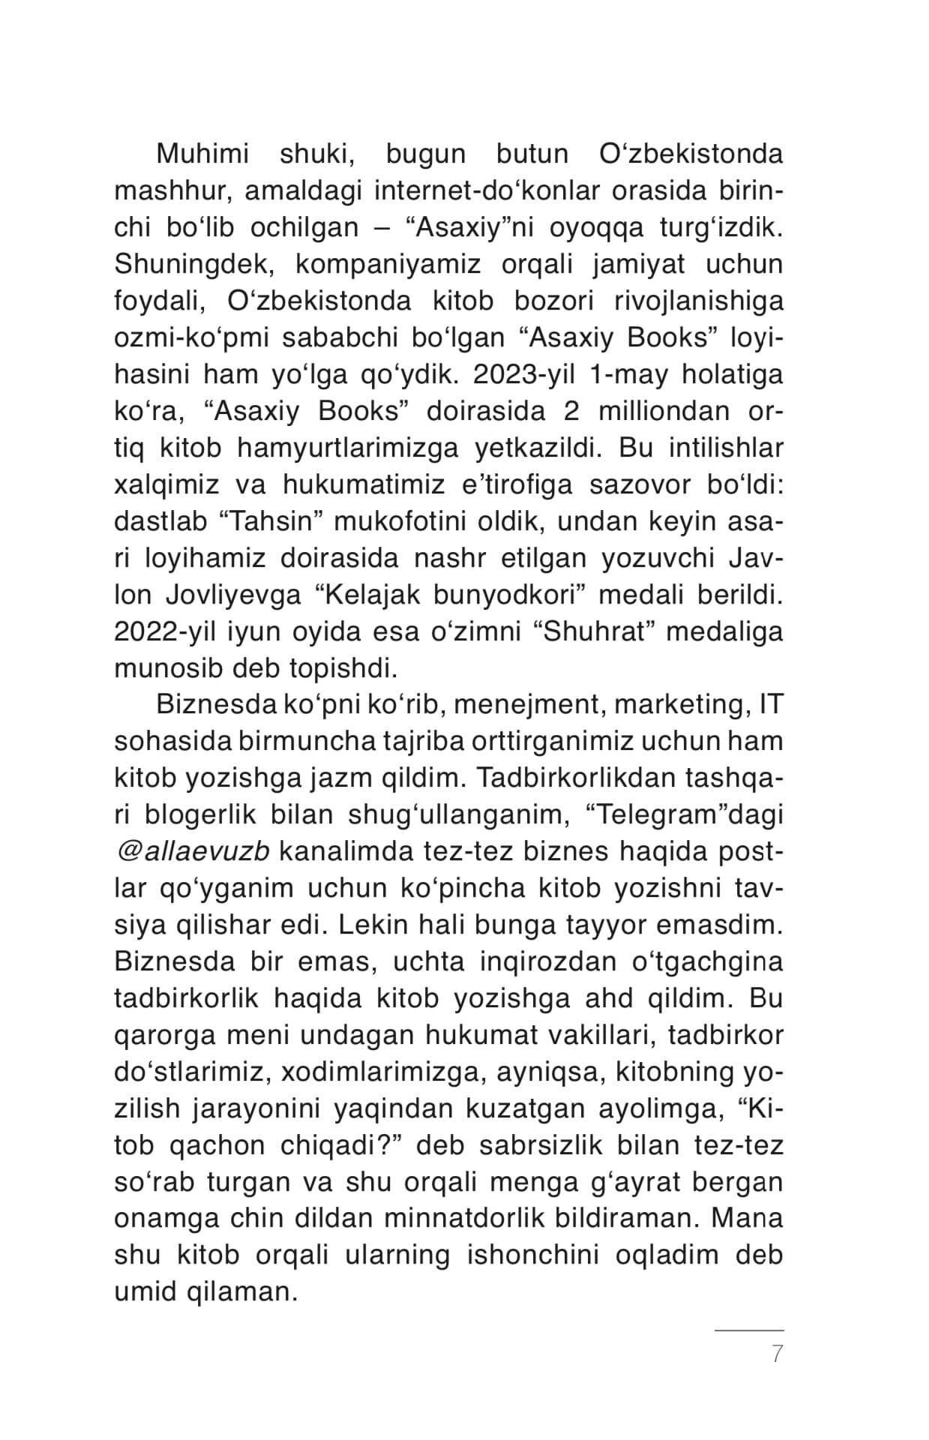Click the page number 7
coord(777,1354)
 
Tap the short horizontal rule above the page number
coord(748,1330)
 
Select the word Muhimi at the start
coord(202,154)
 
